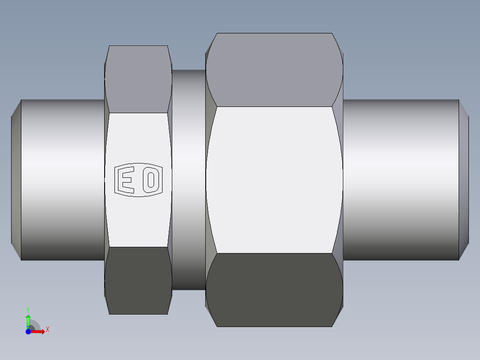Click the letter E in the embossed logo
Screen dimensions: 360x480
126,180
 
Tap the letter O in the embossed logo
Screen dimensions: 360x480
151,180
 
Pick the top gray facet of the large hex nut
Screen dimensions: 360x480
274,70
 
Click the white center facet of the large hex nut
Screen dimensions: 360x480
274,180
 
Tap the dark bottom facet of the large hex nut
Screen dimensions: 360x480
274,290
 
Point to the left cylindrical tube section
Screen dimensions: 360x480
62,180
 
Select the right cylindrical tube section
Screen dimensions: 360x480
401,180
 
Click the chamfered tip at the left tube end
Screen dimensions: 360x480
16,180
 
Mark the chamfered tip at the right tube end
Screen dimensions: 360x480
464,180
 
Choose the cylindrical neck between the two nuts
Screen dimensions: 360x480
188,180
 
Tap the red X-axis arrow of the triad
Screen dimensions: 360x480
38,331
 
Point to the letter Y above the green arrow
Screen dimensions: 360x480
28,309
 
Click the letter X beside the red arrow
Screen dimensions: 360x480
47,330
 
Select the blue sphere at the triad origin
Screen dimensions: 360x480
28,331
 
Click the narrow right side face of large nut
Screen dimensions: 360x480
340,180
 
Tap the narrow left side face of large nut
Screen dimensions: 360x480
207,180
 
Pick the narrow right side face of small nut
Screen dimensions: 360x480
170,180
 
